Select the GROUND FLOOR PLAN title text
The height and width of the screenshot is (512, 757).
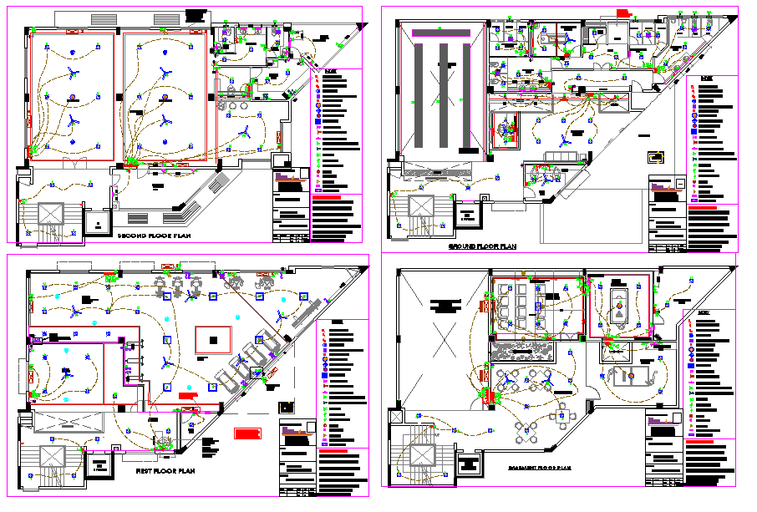pos(483,247)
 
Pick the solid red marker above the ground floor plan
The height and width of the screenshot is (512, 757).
pos(622,11)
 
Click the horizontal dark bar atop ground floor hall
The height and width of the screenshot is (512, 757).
pos(441,30)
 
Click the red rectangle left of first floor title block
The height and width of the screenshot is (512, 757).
pos(247,433)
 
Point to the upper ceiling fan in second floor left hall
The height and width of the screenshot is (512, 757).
pos(74,74)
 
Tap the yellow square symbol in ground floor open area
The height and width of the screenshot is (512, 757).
pos(656,155)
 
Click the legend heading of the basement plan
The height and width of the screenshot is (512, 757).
pos(707,314)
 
